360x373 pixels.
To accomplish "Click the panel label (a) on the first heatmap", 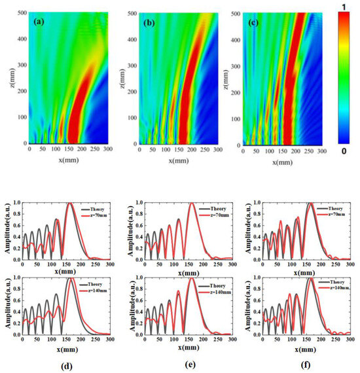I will pyautogui.click(x=39, y=22).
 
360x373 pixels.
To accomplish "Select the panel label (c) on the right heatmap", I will pyautogui.click(x=252, y=22).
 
